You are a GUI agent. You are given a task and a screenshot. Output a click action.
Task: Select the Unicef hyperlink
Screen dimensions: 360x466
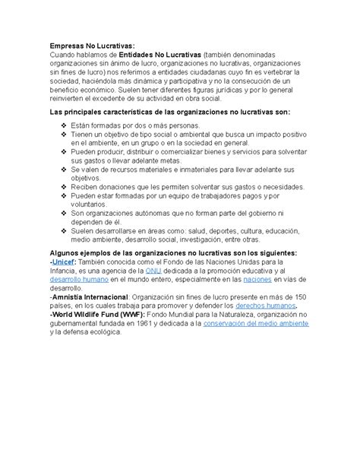coord(62,262)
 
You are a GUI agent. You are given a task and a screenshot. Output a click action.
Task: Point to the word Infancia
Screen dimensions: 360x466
coord(64,271)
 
